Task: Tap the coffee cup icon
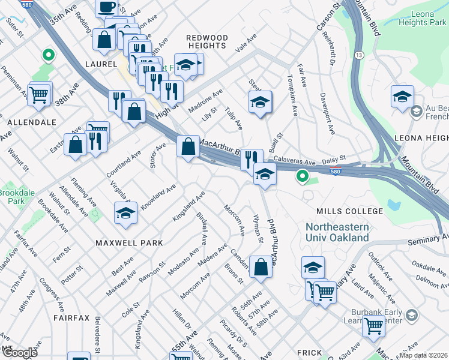coord(107,7)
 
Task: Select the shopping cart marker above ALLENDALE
coord(39,94)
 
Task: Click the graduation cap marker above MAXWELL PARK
coord(125,214)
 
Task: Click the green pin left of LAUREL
coord(47,56)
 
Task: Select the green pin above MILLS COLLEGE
coord(303,177)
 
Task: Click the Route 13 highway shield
coord(359,55)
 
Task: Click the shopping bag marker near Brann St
coord(261,268)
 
